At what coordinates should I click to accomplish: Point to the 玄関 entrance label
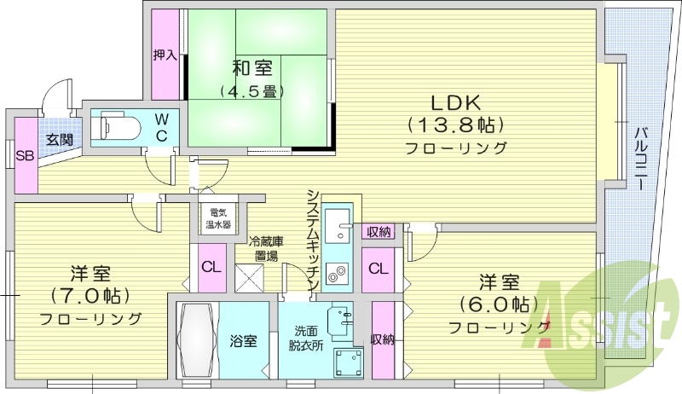(x=59, y=139)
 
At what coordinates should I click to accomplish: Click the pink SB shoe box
(x=25, y=157)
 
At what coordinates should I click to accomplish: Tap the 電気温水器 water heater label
(x=217, y=220)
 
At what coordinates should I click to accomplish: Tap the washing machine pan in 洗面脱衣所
(x=347, y=362)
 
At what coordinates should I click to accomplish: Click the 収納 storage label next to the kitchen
(x=379, y=231)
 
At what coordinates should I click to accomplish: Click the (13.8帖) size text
(x=455, y=125)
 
